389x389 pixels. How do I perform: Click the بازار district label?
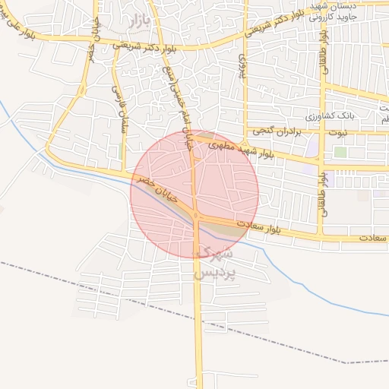(141, 21)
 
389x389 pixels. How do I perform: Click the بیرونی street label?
(243, 67)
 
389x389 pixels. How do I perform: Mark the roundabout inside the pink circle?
(197, 217)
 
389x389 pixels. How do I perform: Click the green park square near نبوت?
(340, 153)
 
